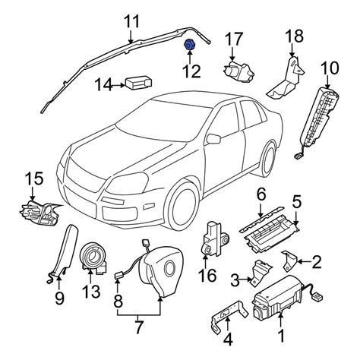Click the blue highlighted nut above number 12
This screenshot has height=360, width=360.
click(x=189, y=45)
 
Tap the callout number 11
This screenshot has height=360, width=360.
click(x=132, y=21)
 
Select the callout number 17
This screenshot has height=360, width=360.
click(x=235, y=39)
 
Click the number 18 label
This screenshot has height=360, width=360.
click(x=295, y=36)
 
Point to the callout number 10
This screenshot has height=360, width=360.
click(x=330, y=68)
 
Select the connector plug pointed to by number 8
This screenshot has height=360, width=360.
click(x=118, y=276)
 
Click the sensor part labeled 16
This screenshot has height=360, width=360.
click(x=214, y=239)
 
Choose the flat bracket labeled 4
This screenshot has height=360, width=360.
click(x=229, y=314)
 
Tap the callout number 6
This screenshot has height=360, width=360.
click(x=261, y=194)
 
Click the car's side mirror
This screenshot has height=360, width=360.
click(x=214, y=138)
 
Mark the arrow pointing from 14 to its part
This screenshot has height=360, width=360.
click(x=118, y=86)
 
